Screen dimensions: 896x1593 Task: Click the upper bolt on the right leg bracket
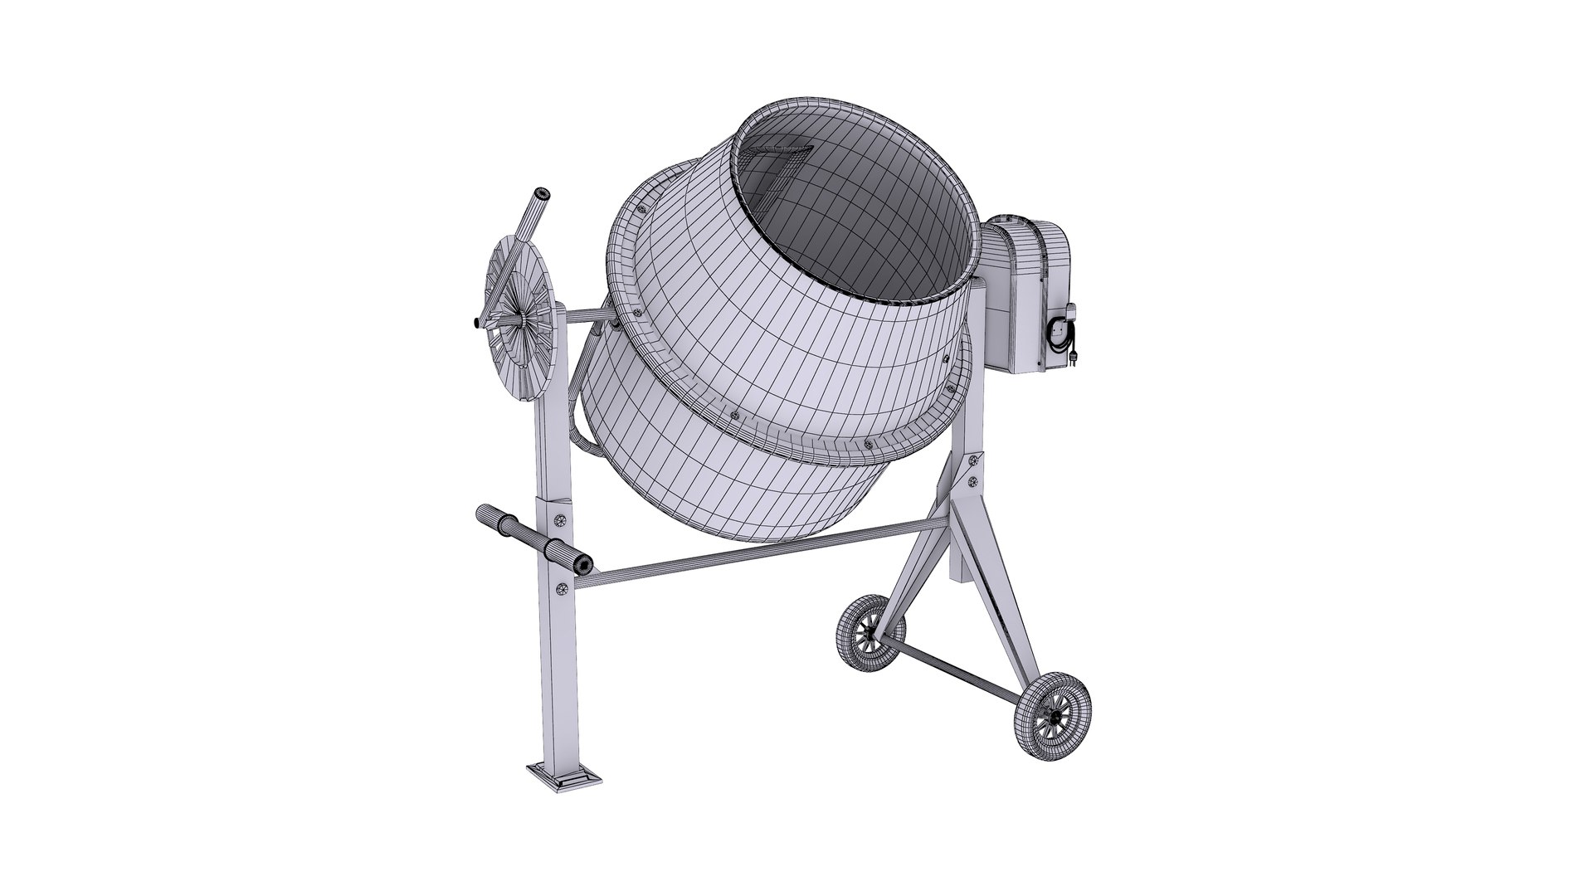(974, 461)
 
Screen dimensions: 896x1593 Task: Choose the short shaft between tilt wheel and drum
(585, 315)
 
